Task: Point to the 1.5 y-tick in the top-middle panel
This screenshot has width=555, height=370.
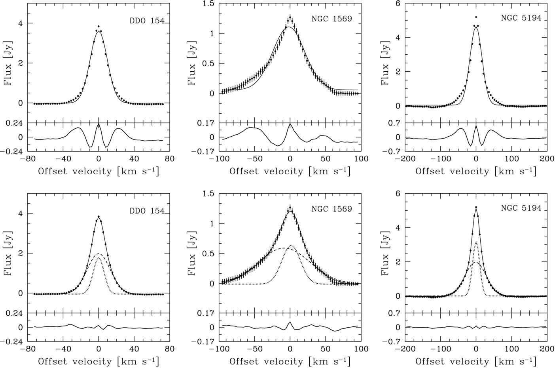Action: point(210,4)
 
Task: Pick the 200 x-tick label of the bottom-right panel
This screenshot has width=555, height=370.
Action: point(547,349)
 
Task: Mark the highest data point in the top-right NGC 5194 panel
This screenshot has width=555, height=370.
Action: point(476,17)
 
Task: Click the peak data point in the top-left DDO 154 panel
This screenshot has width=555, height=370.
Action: point(98,27)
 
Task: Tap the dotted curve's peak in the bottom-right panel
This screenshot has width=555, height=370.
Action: point(476,242)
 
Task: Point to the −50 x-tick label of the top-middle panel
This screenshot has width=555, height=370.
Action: point(254,159)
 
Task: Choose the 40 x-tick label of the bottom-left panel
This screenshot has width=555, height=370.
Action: point(134,349)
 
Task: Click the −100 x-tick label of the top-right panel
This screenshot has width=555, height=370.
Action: point(439,159)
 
